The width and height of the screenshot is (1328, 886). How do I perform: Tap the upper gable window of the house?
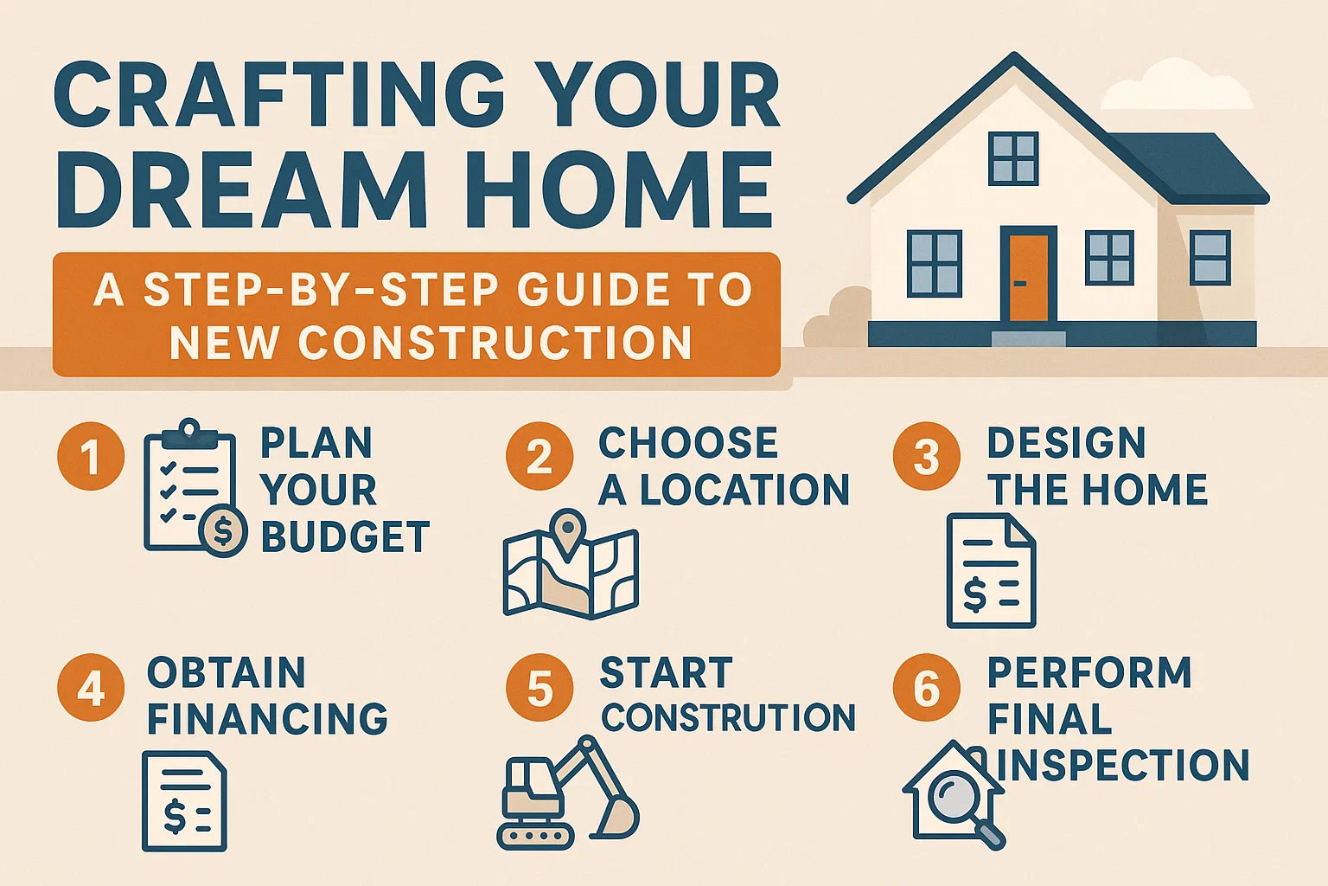tap(1012, 159)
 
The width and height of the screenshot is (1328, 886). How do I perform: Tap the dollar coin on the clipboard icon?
tap(222, 531)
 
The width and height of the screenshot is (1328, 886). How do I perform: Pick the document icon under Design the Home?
tap(991, 571)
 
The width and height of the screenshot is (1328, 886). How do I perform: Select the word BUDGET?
tap(345, 537)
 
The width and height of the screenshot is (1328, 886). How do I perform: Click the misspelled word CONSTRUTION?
tap(728, 717)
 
